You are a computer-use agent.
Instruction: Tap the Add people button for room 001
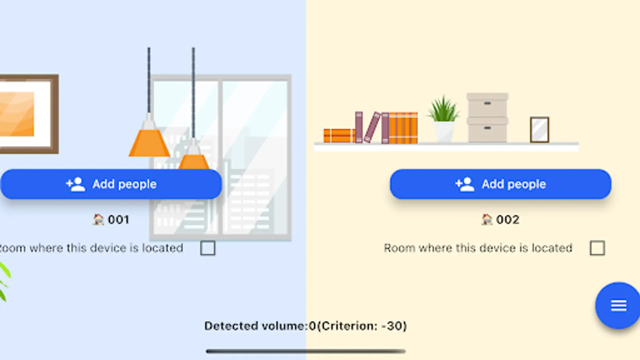pyautogui.click(x=111, y=184)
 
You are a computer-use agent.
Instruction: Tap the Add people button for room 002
pyautogui.click(x=500, y=184)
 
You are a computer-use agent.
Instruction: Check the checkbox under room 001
pyautogui.click(x=208, y=248)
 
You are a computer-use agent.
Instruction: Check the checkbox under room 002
pyautogui.click(x=597, y=248)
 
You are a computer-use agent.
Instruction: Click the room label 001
pyautogui.click(x=118, y=220)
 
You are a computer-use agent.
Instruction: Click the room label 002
pyautogui.click(x=508, y=220)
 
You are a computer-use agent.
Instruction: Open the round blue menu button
pyautogui.click(x=618, y=306)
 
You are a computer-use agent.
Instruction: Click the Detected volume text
pyautogui.click(x=306, y=326)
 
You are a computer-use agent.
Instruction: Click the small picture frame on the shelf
pyautogui.click(x=539, y=130)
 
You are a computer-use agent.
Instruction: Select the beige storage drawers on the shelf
pyautogui.click(x=487, y=118)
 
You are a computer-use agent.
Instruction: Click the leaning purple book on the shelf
pyautogui.click(x=372, y=127)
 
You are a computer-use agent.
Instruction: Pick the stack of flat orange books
pyautogui.click(x=338, y=136)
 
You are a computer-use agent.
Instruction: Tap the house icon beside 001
pyautogui.click(x=98, y=220)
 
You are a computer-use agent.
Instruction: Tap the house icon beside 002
pyautogui.click(x=487, y=220)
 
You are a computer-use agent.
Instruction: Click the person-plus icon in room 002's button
pyautogui.click(x=464, y=184)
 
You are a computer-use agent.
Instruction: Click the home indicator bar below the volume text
pyautogui.click(x=306, y=351)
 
